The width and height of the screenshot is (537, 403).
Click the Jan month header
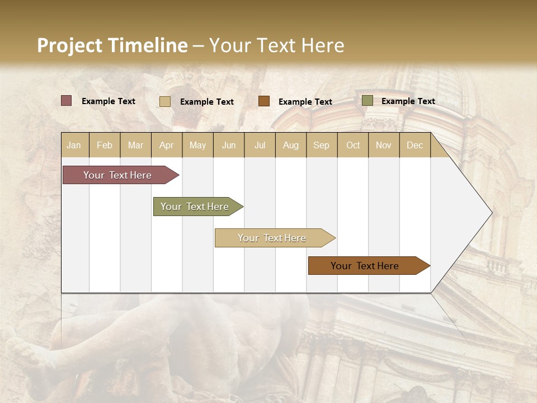click(x=74, y=145)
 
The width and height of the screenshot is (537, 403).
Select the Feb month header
click(x=105, y=145)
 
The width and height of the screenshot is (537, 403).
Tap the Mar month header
click(x=135, y=145)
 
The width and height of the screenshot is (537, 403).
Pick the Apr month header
click(x=166, y=145)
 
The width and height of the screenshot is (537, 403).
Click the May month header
click(x=197, y=145)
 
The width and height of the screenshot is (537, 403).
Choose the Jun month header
click(x=229, y=145)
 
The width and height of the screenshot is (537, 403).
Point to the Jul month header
click(x=260, y=145)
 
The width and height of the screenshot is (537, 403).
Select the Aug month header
click(x=290, y=145)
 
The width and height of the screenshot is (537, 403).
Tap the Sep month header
click(x=321, y=145)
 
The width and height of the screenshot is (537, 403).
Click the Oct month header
click(x=353, y=145)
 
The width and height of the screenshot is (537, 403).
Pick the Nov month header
click(x=383, y=145)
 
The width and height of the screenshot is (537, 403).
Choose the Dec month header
click(x=414, y=145)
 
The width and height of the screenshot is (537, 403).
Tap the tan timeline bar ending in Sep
click(x=272, y=238)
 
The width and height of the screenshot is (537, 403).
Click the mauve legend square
click(x=67, y=101)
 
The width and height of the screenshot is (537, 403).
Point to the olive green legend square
click(x=368, y=101)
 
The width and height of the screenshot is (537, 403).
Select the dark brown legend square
click(x=264, y=101)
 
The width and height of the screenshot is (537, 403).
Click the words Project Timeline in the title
click(x=112, y=45)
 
